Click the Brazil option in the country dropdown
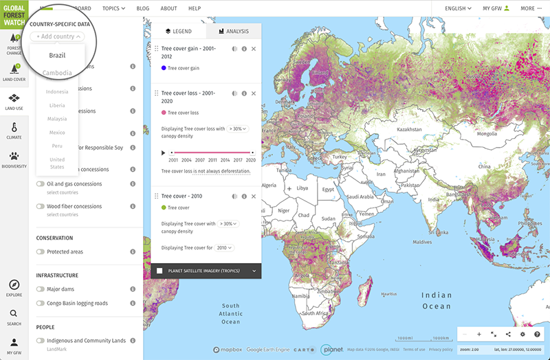pos(57,55)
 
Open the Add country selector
pos(56,36)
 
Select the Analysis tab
pos(232,31)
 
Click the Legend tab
pos(178,31)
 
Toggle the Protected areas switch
pos(41,252)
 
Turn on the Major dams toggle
pos(41,289)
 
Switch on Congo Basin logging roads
pos(41,303)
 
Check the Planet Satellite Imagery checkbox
pos(159,271)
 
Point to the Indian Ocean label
pos(437,300)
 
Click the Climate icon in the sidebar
pos(14,130)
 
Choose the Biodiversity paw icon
pos(14,159)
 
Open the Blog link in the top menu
pos(143,8)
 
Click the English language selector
pos(458,8)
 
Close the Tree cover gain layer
pos(254,49)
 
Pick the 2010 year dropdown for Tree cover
pos(225,247)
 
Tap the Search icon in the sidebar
pos(14,316)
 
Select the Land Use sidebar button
pos(14,101)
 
